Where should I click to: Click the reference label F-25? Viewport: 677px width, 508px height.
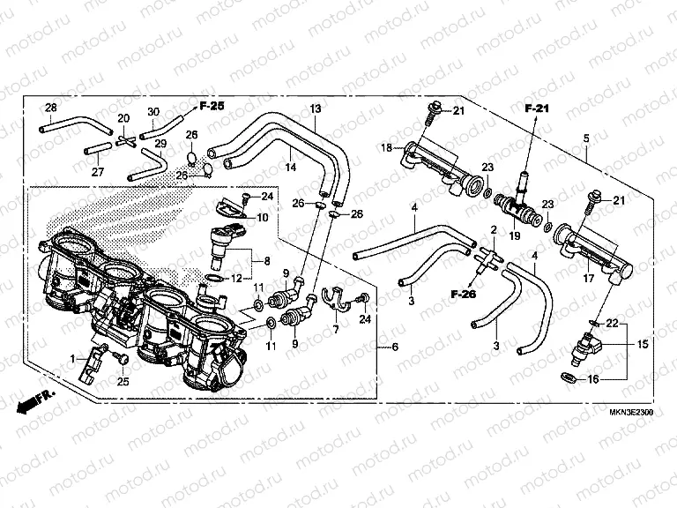(x=212, y=106)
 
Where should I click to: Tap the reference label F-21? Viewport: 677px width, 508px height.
(x=537, y=108)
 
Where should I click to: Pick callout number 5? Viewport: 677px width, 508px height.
(x=585, y=138)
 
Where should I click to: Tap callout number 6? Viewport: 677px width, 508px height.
(x=395, y=347)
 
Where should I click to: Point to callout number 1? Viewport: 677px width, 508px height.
(x=74, y=359)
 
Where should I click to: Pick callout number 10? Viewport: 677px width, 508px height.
(x=264, y=217)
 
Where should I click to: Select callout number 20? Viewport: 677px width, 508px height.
(x=123, y=118)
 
